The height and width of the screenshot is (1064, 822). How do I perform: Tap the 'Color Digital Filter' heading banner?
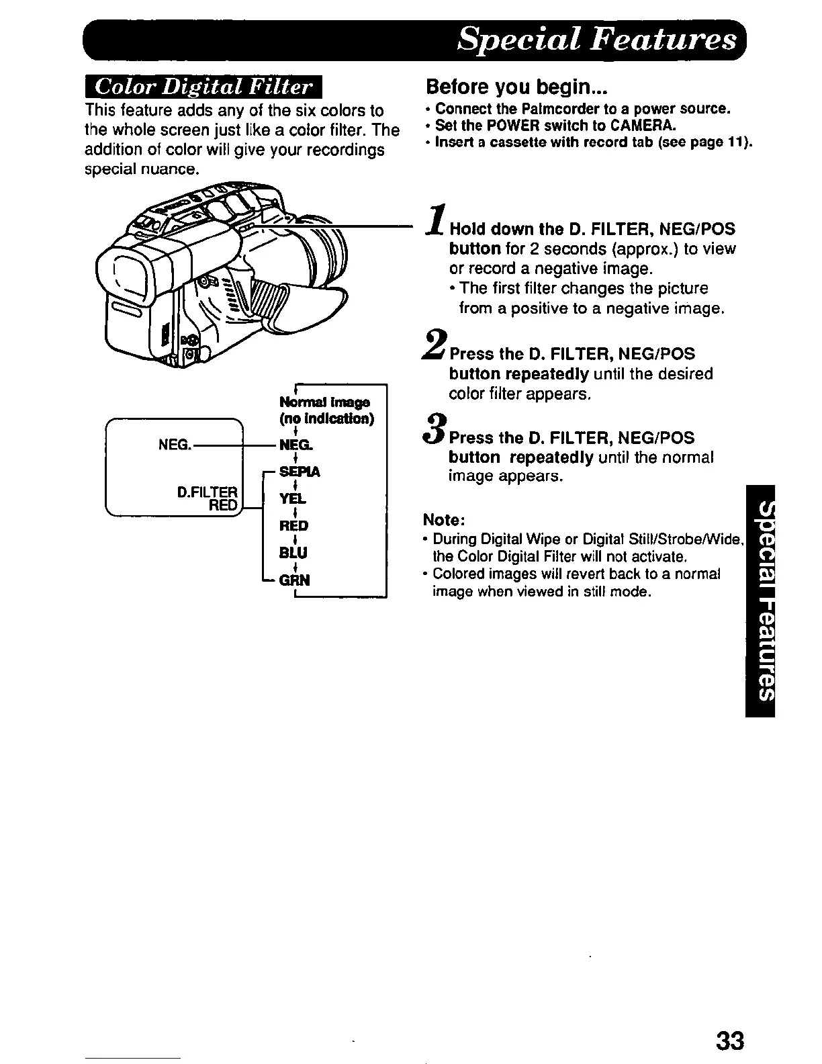pos(203,88)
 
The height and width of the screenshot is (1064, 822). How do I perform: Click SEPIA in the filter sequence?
pos(300,472)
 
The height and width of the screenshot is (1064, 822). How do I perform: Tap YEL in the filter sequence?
pos(293,498)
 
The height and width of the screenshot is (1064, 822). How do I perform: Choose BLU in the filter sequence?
pos(293,552)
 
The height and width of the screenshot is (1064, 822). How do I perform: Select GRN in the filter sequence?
pos(295,580)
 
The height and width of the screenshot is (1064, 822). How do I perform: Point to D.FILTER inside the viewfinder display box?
pos(207,492)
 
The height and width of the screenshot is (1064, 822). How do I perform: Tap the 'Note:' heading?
pos(445,521)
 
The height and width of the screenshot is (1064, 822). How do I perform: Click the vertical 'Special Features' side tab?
pos(760,601)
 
